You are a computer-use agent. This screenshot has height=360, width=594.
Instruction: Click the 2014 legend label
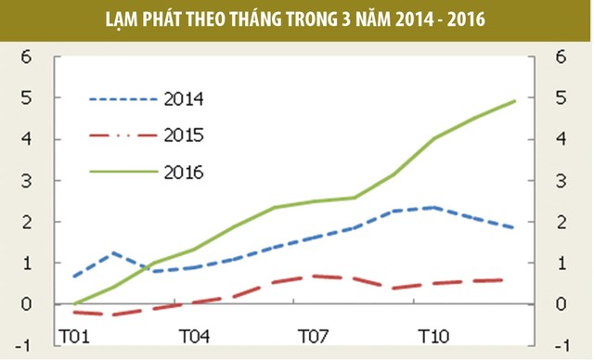coord(183,99)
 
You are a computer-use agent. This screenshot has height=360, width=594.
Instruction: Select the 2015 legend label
coord(183,135)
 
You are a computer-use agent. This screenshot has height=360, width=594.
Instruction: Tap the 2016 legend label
coord(183,172)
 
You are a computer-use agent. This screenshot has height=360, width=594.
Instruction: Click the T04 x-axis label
coord(193,335)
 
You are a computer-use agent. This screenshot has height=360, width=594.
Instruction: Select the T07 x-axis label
coord(312,335)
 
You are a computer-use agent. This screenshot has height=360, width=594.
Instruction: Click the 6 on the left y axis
coord(26,56)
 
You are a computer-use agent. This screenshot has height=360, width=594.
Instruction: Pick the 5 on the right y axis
coord(560,97)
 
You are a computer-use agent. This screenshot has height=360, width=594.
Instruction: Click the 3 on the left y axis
coord(26,180)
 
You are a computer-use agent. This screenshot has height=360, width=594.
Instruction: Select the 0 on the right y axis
coord(560,304)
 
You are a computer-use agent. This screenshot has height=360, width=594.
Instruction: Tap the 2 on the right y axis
coord(560,222)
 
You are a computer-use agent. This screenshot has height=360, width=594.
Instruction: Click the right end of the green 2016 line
coord(515,100)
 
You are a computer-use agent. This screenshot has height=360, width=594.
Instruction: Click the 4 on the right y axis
coord(560,139)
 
